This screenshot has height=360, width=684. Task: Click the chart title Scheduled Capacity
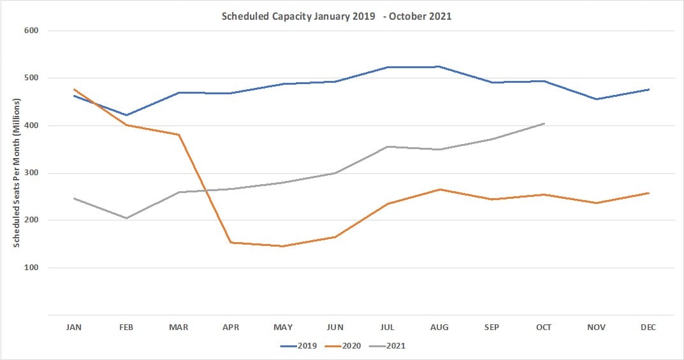[x=336, y=17]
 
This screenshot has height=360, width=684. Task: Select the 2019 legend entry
[x=300, y=346]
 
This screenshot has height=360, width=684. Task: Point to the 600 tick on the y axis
[x=32, y=31]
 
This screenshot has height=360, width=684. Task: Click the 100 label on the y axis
[x=32, y=268]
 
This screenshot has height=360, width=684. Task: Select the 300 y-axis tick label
[x=32, y=173]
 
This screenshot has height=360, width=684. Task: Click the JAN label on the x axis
[x=75, y=327]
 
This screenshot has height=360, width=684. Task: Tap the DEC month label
[x=648, y=327]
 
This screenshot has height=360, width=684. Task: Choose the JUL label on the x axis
[x=388, y=327]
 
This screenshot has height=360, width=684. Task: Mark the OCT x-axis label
[x=544, y=327]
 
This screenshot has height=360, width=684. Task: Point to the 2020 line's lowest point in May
[x=283, y=246]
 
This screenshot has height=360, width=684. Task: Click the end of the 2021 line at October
[x=544, y=124]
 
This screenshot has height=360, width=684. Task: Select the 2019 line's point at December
[x=648, y=90]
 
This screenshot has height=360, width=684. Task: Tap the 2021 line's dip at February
[x=127, y=218]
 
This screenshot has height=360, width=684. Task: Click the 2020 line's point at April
[x=231, y=242]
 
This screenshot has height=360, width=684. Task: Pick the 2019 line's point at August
[x=440, y=66]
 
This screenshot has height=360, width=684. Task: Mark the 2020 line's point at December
[x=648, y=193]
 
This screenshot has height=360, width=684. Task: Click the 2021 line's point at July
[x=388, y=147]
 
